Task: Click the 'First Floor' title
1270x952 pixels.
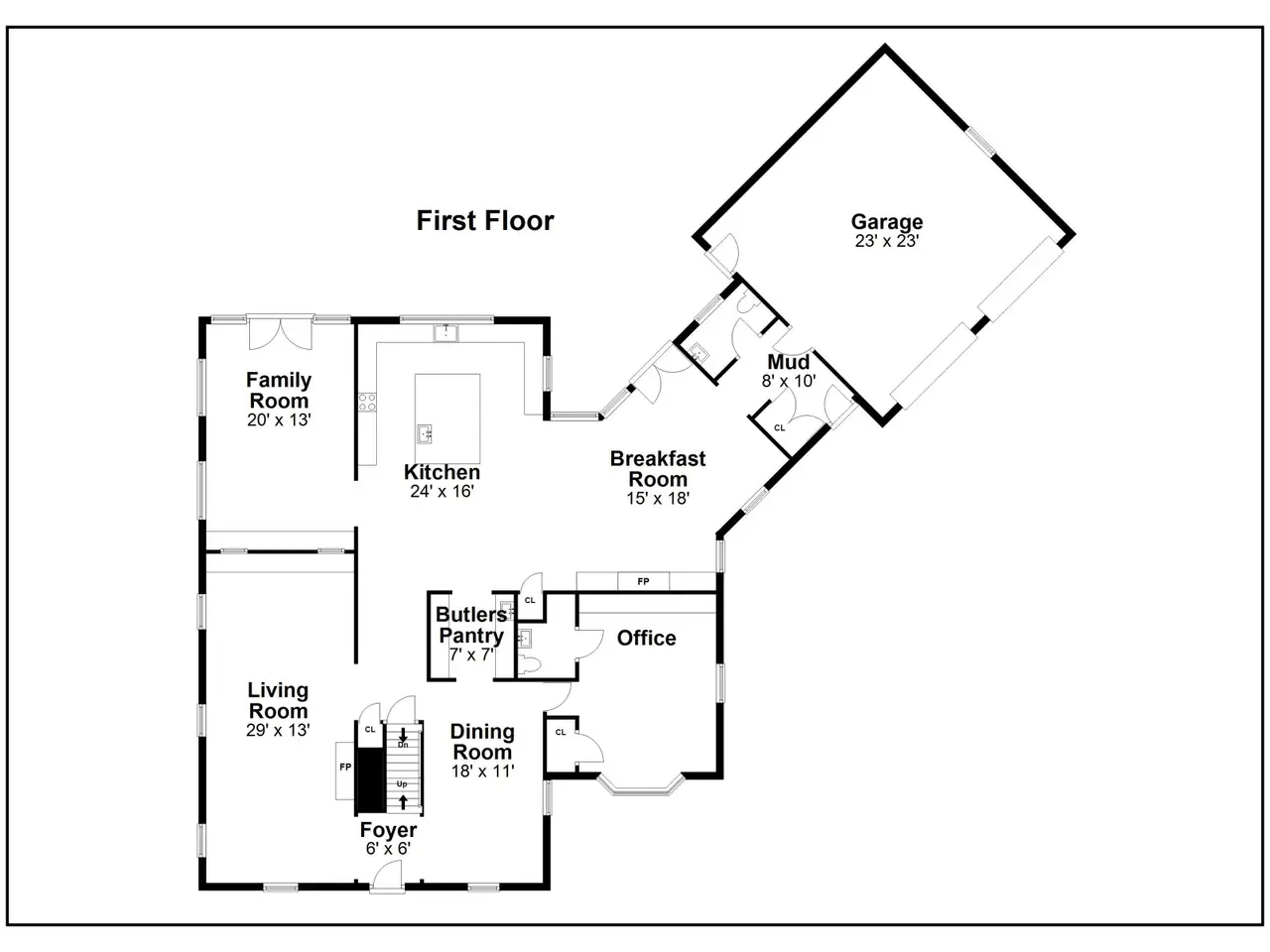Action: (x=485, y=221)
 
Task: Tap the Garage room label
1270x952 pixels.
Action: (x=887, y=221)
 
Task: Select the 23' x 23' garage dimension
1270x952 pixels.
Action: (x=887, y=241)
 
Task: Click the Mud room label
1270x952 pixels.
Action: (x=788, y=362)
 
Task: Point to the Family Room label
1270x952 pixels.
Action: (x=279, y=390)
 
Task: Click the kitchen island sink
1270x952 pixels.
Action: (x=424, y=433)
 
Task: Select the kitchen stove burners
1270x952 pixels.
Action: (x=367, y=403)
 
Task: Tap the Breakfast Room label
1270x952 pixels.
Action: (x=658, y=469)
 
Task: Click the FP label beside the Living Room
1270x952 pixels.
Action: (x=345, y=767)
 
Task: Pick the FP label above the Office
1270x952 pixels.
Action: (x=643, y=581)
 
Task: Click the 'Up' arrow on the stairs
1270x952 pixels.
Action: (x=403, y=802)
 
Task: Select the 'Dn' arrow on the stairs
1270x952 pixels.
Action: (x=403, y=735)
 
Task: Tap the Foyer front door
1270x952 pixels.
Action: (x=388, y=880)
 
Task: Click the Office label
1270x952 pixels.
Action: (x=646, y=638)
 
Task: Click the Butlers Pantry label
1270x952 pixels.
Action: (x=471, y=625)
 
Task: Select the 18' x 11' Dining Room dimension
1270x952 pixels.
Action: (x=482, y=772)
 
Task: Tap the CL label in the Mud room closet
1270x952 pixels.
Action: (x=779, y=427)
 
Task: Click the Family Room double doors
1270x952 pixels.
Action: (x=281, y=333)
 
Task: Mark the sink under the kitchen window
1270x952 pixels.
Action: (x=446, y=333)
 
